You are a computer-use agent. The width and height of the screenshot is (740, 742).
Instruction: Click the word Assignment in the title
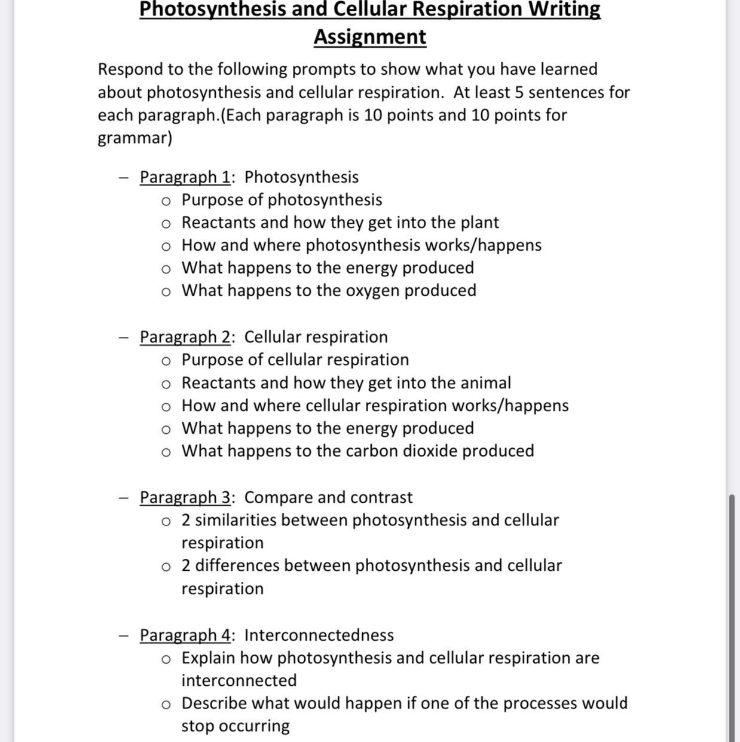(x=370, y=37)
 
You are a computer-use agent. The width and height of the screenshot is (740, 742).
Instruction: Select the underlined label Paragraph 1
(x=185, y=177)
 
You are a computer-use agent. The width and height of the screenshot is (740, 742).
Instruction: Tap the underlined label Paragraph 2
(x=185, y=337)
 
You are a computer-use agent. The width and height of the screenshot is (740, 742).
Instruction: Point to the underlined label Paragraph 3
(x=185, y=497)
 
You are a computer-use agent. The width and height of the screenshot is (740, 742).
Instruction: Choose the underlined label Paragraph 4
(x=185, y=635)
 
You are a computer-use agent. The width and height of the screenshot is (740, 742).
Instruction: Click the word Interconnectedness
(x=319, y=635)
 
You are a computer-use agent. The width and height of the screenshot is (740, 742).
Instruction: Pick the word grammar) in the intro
(x=135, y=138)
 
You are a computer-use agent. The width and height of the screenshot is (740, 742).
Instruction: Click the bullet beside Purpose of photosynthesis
(x=166, y=200)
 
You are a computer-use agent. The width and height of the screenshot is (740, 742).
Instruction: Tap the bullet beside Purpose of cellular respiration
(x=166, y=360)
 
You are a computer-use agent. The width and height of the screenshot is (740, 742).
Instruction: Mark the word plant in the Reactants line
(x=479, y=223)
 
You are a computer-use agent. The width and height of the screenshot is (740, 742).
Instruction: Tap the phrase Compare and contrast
(x=328, y=497)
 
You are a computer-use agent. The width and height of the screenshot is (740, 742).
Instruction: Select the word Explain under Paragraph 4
(x=209, y=658)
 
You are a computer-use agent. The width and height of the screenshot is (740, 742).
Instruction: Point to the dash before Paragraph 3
(x=124, y=497)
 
